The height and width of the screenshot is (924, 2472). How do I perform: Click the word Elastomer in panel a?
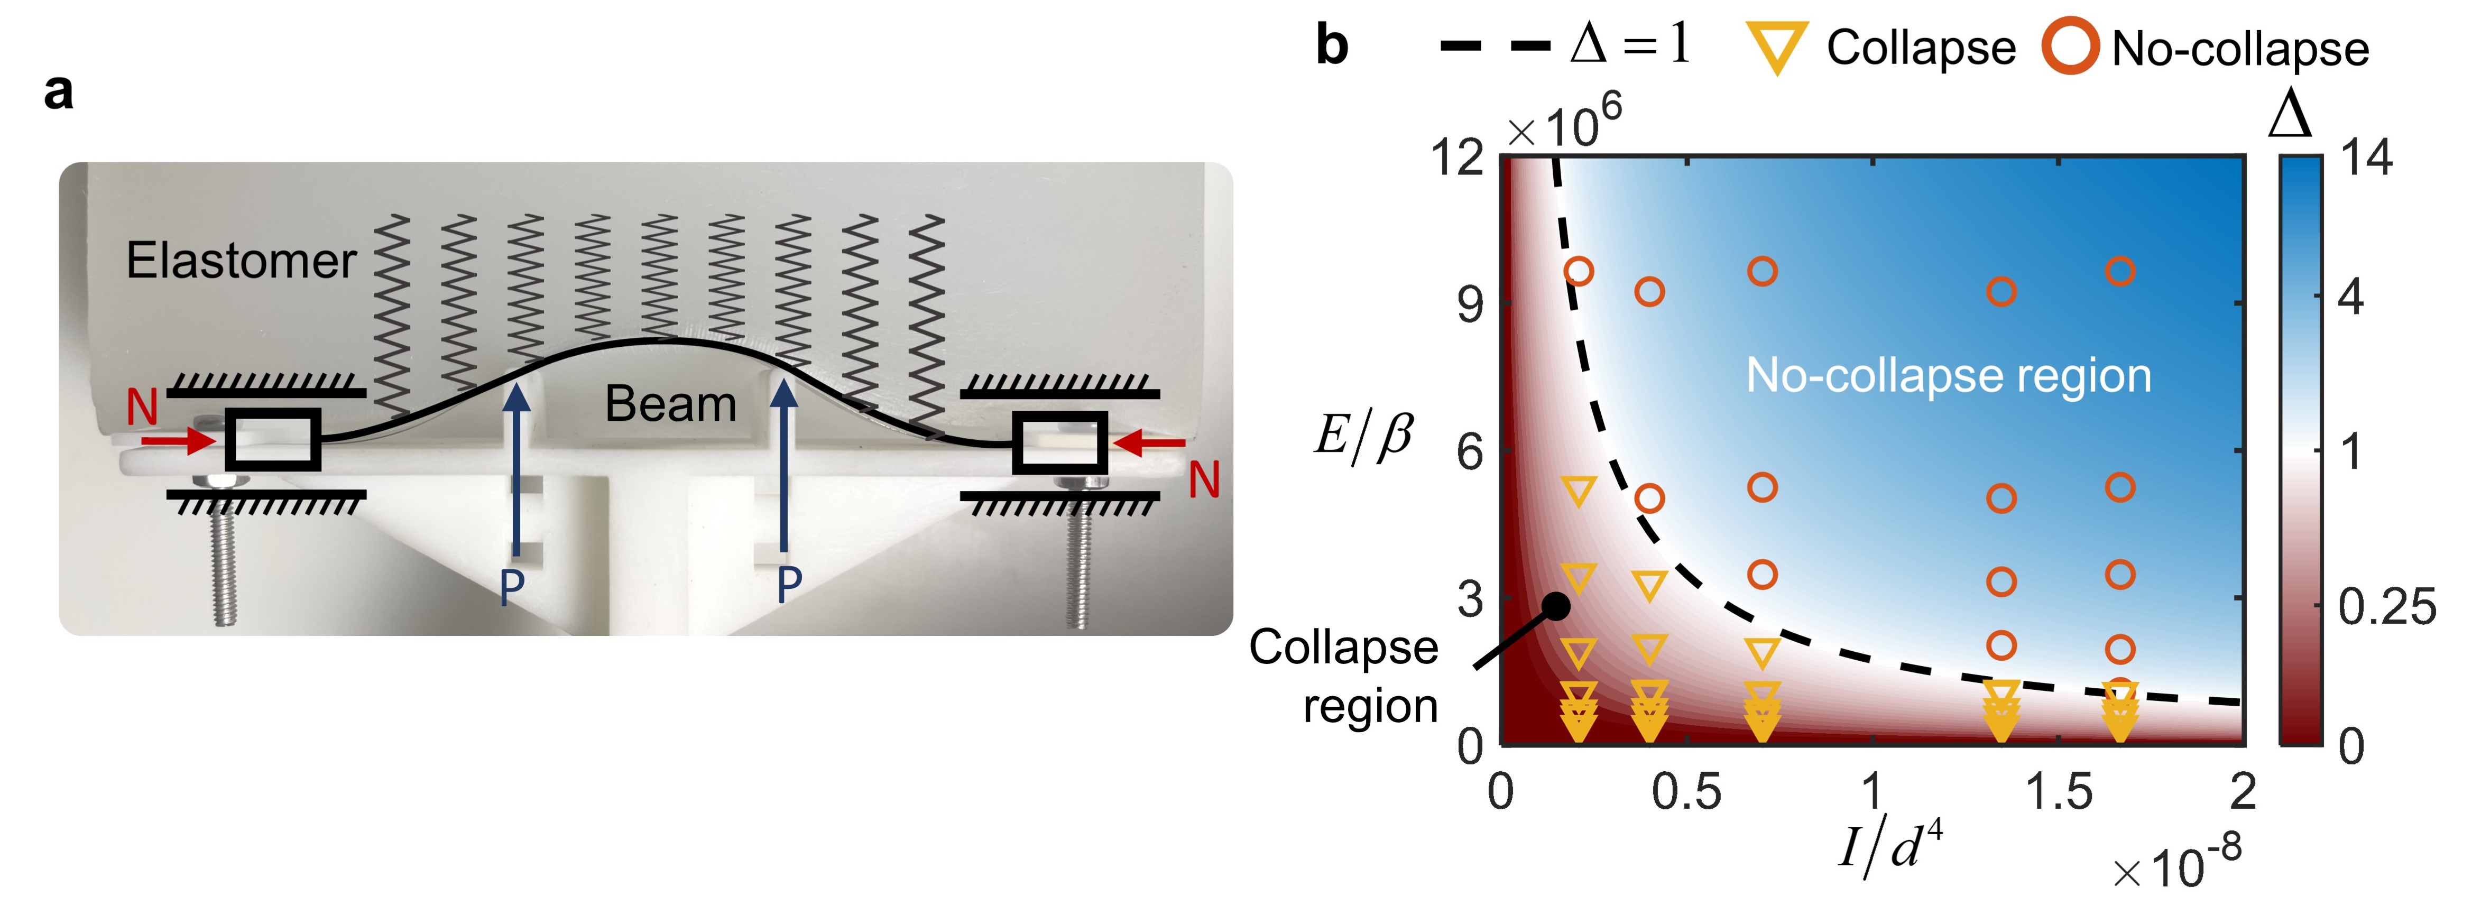pyautogui.click(x=241, y=261)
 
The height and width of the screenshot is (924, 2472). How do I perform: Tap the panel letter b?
pyautogui.click(x=1332, y=46)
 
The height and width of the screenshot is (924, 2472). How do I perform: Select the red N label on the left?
pyautogui.click(x=142, y=407)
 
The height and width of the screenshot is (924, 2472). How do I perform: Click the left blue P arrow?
pyautogui.click(x=516, y=470)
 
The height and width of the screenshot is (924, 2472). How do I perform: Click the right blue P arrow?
pyautogui.click(x=785, y=470)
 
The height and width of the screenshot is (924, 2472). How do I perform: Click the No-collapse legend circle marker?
pyautogui.click(x=2069, y=48)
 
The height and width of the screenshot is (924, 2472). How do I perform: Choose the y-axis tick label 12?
pyautogui.click(x=1457, y=156)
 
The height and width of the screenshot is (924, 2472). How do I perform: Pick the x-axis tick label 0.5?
pyautogui.click(x=1686, y=792)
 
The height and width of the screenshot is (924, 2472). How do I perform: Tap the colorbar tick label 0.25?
pyautogui.click(x=2386, y=606)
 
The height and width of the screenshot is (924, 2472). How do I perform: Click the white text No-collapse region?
pyautogui.click(x=1948, y=375)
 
